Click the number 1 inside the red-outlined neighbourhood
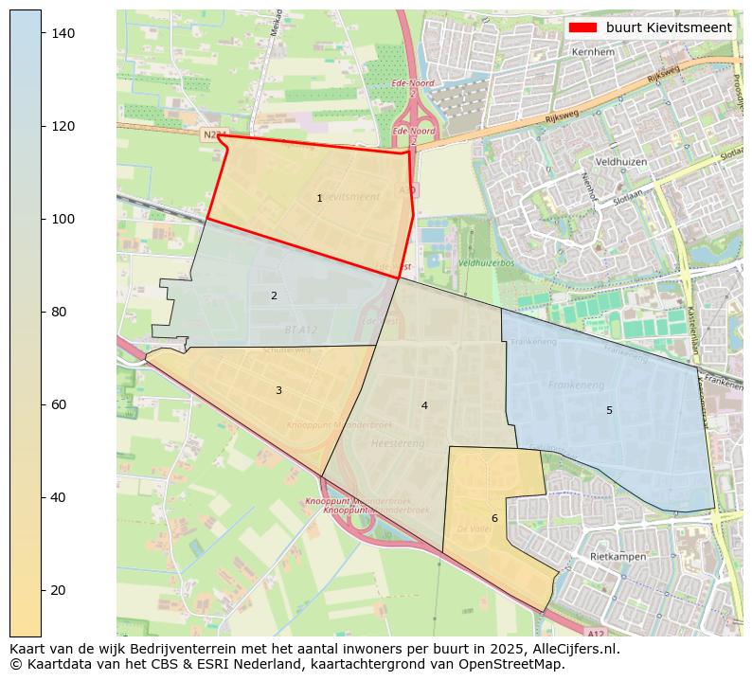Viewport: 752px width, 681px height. [319, 198]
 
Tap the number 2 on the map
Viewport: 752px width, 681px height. [274, 296]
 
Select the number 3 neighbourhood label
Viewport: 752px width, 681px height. [278, 390]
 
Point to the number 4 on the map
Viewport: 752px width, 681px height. [424, 405]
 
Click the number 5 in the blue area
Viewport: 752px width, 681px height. [609, 410]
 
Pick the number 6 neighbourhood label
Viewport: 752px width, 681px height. [494, 518]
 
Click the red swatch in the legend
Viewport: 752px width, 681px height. [582, 27]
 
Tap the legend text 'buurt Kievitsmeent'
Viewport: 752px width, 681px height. [669, 27]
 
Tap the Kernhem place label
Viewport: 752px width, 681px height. [594, 52]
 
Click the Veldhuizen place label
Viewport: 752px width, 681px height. [620, 162]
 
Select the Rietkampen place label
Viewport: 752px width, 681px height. [618, 557]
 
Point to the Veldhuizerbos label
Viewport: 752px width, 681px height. [485, 262]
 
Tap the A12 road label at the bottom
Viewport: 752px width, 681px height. [594, 634]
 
